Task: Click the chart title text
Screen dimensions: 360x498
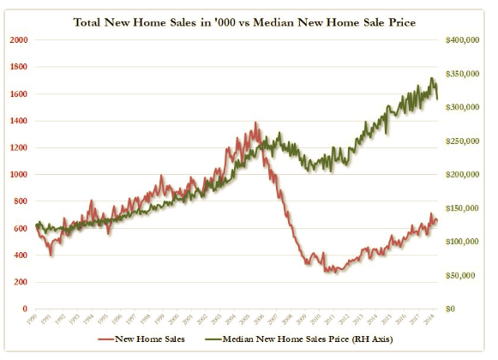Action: pyautogui.click(x=249, y=21)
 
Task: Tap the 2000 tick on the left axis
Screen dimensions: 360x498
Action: pyautogui.click(x=18, y=40)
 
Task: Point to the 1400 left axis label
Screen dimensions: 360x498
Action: pyautogui.click(x=18, y=121)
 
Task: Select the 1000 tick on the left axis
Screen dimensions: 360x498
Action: pyautogui.click(x=18, y=174)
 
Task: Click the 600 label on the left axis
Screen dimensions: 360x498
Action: pyautogui.click(x=20, y=228)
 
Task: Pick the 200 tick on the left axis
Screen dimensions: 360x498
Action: pyautogui.click(x=20, y=282)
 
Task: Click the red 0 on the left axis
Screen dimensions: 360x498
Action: pyautogui.click(x=24, y=309)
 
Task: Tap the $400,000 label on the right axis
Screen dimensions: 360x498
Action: pyautogui.click(x=465, y=40)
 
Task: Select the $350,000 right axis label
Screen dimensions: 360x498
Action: pyautogui.click(x=465, y=75)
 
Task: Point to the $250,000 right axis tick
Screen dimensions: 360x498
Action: pyautogui.click(x=465, y=141)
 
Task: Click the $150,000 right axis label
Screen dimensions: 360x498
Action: pyautogui.click(x=465, y=208)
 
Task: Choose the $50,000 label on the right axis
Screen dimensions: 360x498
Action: pyautogui.click(x=467, y=275)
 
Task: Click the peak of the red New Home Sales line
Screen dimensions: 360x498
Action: pyautogui.click(x=255, y=123)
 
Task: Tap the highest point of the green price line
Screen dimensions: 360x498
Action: pyautogui.click(x=431, y=78)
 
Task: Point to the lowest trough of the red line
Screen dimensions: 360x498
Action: pyautogui.click(x=335, y=272)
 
